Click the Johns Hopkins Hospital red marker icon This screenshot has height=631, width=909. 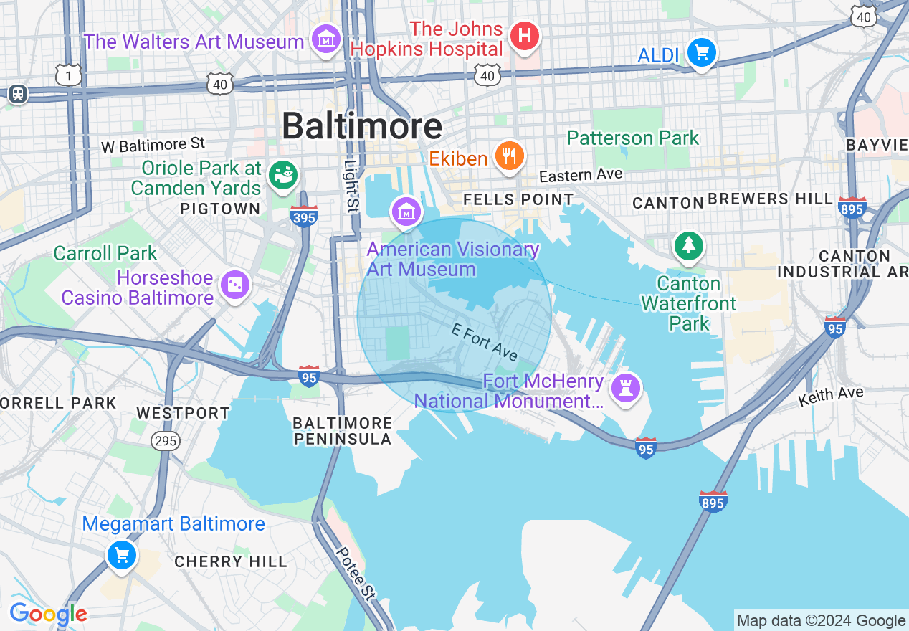(x=524, y=34)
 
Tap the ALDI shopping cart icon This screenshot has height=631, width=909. (x=701, y=52)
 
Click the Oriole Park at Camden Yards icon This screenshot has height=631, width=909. (x=283, y=174)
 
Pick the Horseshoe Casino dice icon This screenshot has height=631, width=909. (x=235, y=285)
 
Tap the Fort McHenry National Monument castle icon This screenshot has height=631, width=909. (x=625, y=389)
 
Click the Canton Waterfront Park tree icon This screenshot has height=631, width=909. (x=688, y=246)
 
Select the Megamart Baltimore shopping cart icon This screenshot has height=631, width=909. (x=121, y=554)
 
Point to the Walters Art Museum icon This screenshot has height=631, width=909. (x=327, y=39)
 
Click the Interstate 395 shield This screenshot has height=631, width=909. (x=304, y=216)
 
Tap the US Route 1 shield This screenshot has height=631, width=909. (x=69, y=75)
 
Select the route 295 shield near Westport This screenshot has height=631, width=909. (x=166, y=440)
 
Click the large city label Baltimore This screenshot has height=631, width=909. (x=361, y=126)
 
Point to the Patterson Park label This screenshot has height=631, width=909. (x=632, y=138)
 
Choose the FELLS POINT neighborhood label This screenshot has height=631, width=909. (x=518, y=199)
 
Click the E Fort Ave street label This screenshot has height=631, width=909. (x=485, y=341)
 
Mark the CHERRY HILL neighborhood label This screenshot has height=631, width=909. (x=231, y=561)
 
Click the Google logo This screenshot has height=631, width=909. (x=48, y=614)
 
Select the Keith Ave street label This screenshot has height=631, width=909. (x=831, y=395)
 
